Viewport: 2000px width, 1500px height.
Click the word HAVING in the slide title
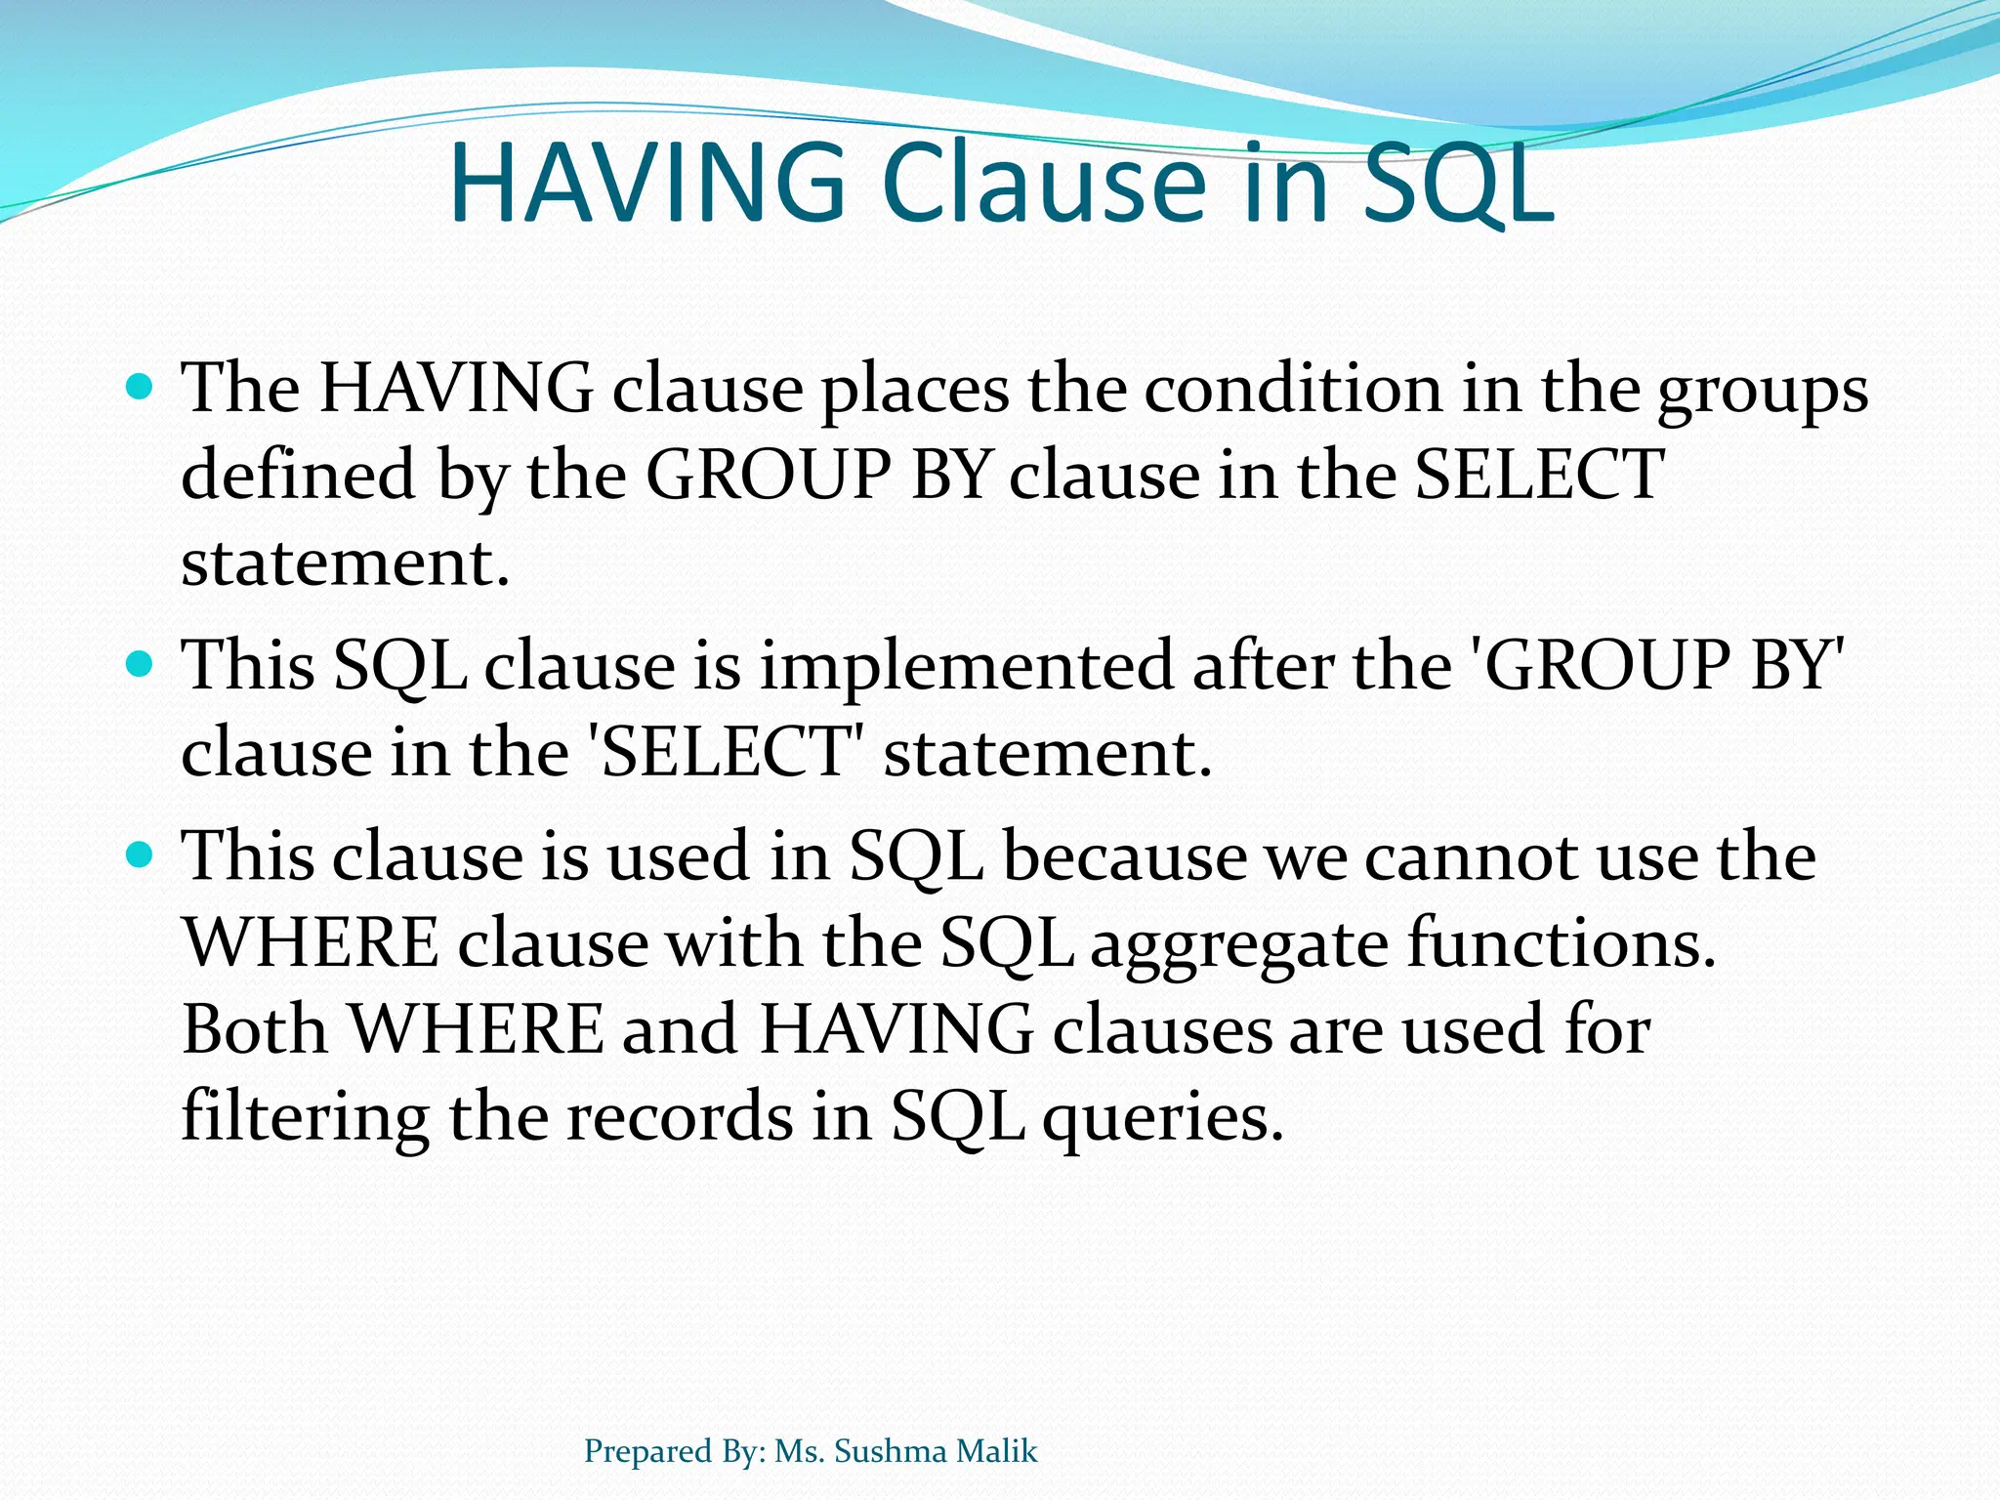tap(647, 184)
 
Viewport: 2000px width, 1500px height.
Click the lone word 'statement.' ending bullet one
tap(346, 563)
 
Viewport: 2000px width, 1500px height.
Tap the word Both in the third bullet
tap(255, 1029)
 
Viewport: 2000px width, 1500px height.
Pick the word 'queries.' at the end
tap(1162, 1119)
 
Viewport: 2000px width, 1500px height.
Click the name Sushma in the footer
tap(890, 1451)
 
